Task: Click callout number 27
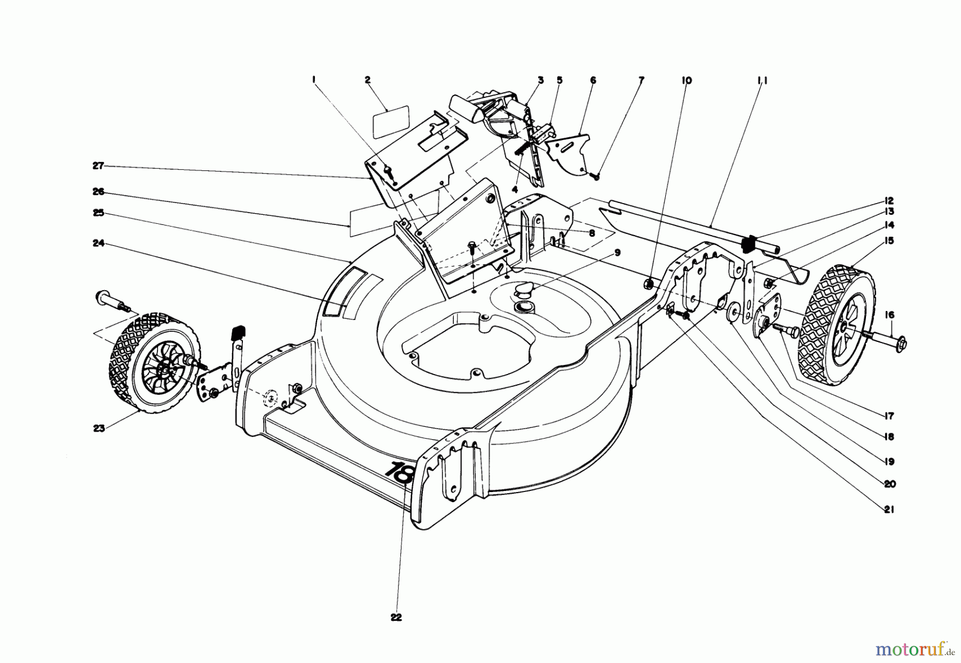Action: point(98,166)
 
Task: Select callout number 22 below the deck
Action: point(396,618)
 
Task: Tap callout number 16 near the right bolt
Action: point(889,315)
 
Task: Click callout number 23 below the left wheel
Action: point(99,428)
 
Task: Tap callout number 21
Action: point(888,510)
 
